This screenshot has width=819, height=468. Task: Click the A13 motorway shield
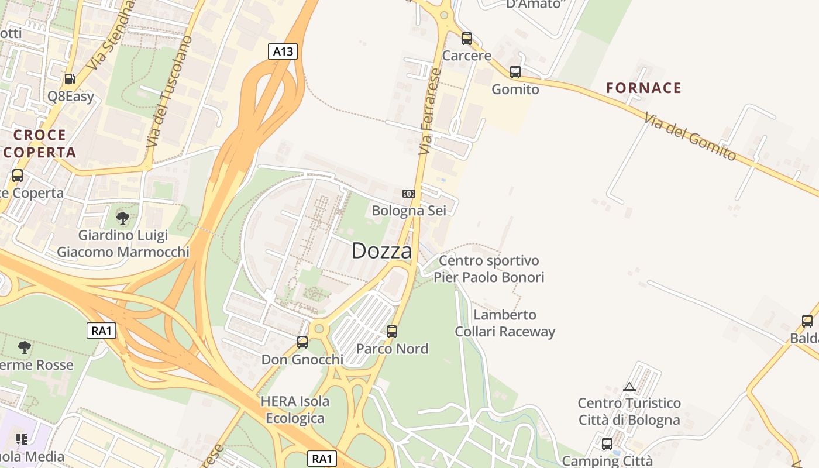pyautogui.click(x=283, y=51)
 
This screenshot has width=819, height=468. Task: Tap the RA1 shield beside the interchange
pyautogui.click(x=101, y=331)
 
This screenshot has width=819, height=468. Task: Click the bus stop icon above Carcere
pyautogui.click(x=466, y=39)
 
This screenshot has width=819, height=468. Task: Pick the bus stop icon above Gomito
pyautogui.click(x=515, y=72)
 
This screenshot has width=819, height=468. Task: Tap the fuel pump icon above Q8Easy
pyautogui.click(x=70, y=78)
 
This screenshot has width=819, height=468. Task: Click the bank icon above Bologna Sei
pyautogui.click(x=408, y=193)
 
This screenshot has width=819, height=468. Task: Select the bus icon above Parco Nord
pyautogui.click(x=392, y=332)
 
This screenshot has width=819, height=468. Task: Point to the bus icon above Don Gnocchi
pyautogui.click(x=302, y=342)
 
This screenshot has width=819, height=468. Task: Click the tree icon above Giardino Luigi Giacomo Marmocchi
pyautogui.click(x=123, y=218)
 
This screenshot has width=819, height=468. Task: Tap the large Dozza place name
pyautogui.click(x=381, y=252)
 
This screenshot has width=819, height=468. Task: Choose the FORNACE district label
pyautogui.click(x=643, y=88)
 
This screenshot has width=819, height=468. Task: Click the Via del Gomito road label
pyautogui.click(x=690, y=137)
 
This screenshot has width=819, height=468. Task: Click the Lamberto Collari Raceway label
pyautogui.click(x=505, y=324)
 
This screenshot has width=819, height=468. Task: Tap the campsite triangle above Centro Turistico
pyautogui.click(x=629, y=387)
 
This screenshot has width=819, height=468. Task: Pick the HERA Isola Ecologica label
pyautogui.click(x=295, y=409)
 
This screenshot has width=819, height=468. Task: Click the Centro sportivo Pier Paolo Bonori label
pyautogui.click(x=488, y=269)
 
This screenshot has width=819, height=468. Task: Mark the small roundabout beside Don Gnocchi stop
pyautogui.click(x=319, y=328)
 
